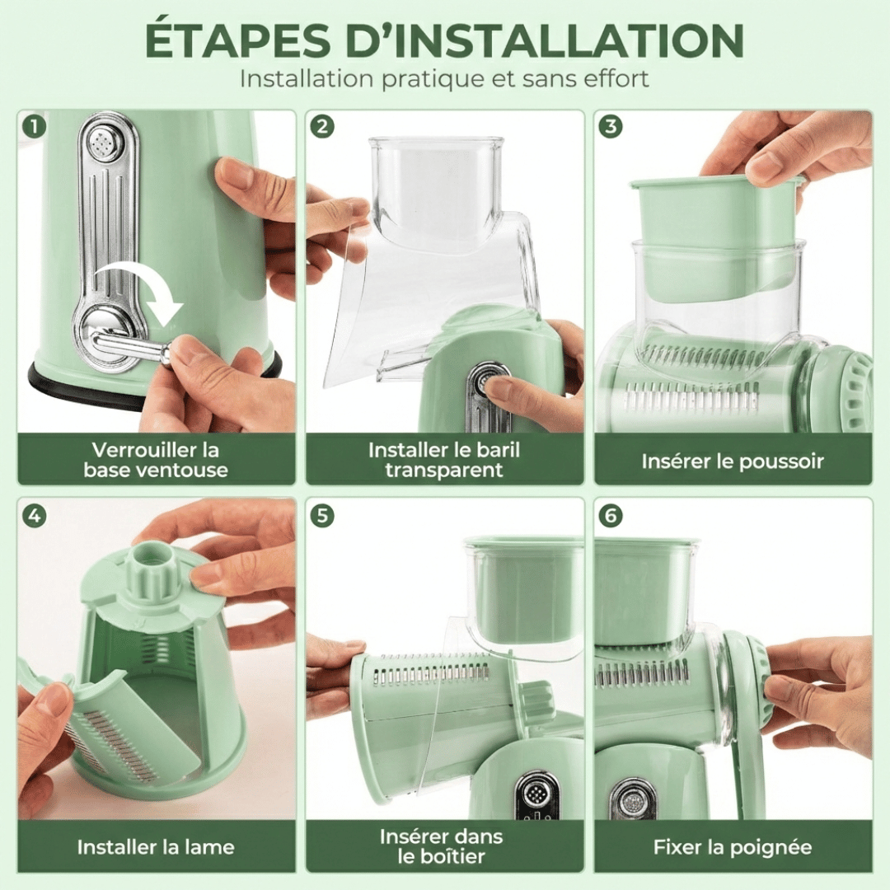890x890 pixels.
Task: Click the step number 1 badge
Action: (x=34, y=127)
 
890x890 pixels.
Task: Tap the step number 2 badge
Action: (x=322, y=127)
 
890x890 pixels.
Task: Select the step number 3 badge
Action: (x=611, y=127)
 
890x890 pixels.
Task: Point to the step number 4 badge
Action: (x=34, y=516)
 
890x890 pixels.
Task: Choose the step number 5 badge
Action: (x=322, y=516)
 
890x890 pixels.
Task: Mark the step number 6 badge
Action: (x=611, y=516)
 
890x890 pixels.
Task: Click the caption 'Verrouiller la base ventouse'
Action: (x=155, y=460)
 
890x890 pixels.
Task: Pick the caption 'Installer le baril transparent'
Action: (x=443, y=460)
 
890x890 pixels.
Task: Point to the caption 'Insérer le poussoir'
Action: (x=732, y=461)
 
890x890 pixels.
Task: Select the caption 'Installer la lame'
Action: (x=155, y=846)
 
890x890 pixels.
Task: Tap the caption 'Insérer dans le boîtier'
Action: (x=443, y=845)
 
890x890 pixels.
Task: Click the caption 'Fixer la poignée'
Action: (x=732, y=846)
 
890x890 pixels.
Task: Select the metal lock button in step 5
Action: (x=536, y=795)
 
